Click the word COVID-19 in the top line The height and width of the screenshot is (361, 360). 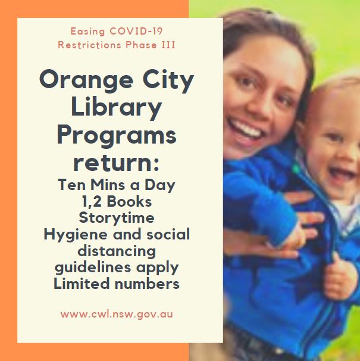point(136,31)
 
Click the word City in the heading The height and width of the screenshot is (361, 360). point(168,81)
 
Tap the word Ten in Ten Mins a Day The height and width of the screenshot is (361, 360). point(72,185)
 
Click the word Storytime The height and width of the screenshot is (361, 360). point(117,218)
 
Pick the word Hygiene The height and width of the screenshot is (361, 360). point(76,235)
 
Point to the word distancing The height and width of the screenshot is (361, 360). point(117,251)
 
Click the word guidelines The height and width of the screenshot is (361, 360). point(93,267)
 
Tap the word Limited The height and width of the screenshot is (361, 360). point(82,284)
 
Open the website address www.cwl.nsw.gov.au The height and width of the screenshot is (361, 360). point(117,315)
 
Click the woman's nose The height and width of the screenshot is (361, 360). point(256,105)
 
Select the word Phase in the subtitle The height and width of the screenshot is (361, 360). point(141,45)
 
